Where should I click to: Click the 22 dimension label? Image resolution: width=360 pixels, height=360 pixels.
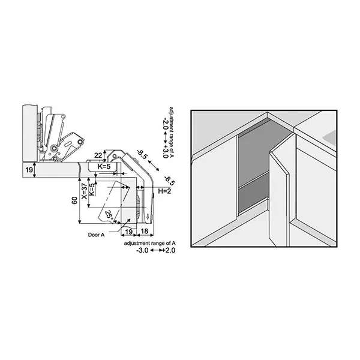(x=98, y=155)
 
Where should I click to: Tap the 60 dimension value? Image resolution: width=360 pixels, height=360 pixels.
(x=74, y=200)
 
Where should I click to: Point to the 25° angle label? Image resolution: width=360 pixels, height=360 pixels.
(x=109, y=215)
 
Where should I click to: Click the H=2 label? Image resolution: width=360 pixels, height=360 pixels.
(x=164, y=191)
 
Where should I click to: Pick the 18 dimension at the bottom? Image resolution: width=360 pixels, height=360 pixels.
(x=144, y=231)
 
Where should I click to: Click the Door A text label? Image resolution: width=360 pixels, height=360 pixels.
(x=96, y=235)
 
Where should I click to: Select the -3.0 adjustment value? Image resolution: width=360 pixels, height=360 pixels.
(x=142, y=250)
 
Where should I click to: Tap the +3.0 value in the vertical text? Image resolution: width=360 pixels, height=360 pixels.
(x=166, y=152)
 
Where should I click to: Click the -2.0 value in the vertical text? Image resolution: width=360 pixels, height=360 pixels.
(x=166, y=124)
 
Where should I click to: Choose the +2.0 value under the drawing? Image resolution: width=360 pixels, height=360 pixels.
(x=169, y=250)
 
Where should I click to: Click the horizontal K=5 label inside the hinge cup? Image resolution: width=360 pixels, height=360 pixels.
(x=104, y=166)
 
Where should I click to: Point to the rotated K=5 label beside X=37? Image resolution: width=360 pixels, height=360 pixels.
(x=91, y=190)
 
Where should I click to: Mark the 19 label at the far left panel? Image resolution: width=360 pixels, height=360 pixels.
(x=29, y=170)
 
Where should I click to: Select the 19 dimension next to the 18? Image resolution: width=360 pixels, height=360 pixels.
(x=128, y=232)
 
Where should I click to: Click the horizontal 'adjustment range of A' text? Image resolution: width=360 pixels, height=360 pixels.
(x=149, y=243)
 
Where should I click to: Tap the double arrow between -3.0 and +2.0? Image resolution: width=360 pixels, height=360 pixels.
(x=156, y=250)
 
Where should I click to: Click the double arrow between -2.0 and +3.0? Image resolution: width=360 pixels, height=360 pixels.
(x=166, y=138)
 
